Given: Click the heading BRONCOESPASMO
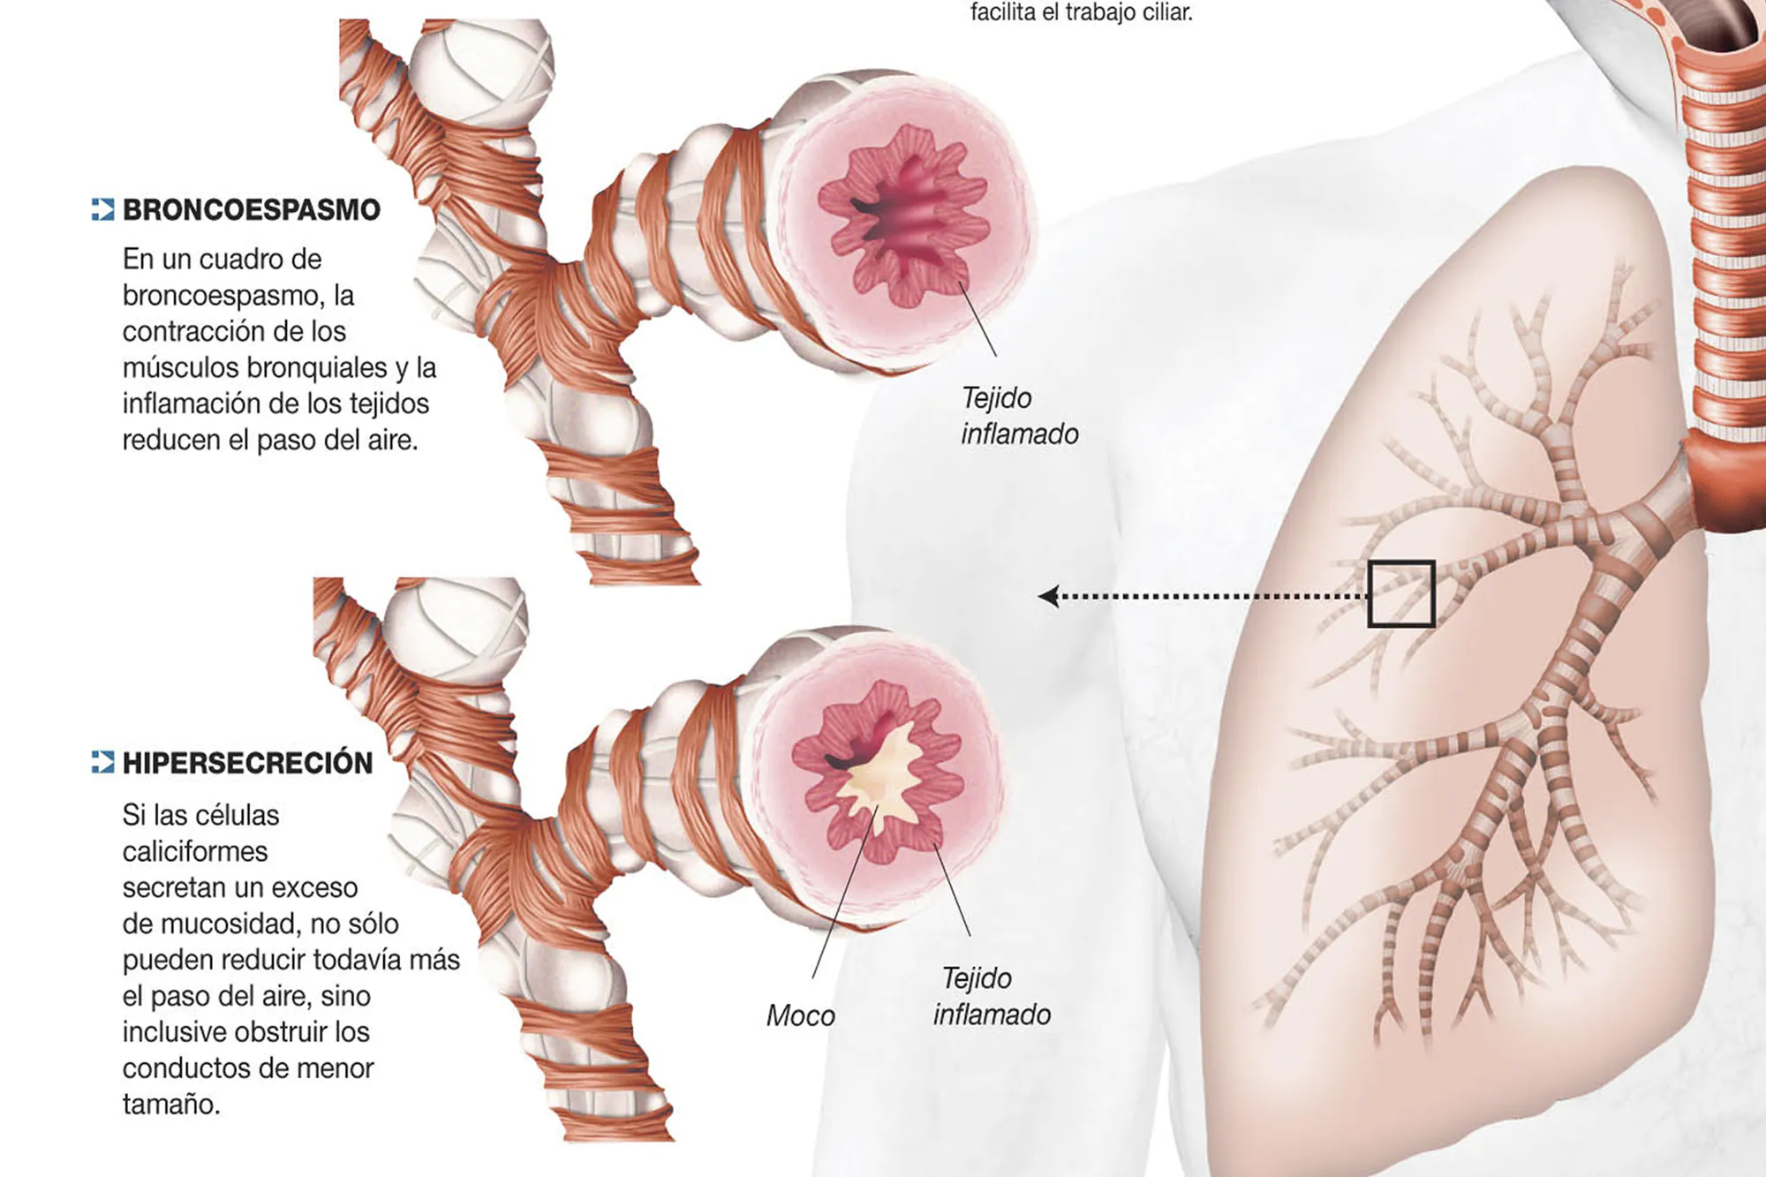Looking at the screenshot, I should (x=251, y=210).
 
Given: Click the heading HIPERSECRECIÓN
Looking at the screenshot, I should (x=247, y=763).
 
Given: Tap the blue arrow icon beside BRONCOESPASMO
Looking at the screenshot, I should (x=102, y=209).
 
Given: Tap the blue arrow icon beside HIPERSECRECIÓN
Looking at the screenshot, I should (x=102, y=762).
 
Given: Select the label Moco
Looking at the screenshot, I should (x=800, y=1015).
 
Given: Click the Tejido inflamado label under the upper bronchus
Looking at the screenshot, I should (x=1019, y=416).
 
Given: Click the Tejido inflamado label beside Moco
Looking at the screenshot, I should (x=992, y=996).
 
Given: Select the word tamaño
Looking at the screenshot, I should (x=170, y=1105).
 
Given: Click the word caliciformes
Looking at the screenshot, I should (x=194, y=851).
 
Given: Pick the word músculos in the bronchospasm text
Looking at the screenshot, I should (x=180, y=367).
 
